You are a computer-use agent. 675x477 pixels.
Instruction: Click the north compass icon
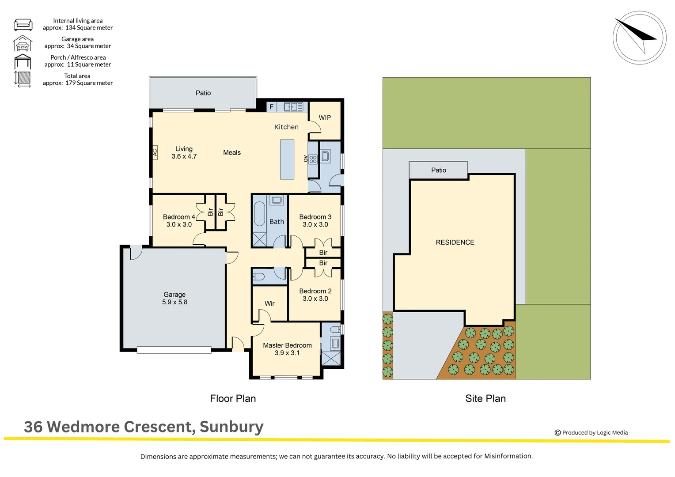click(x=639, y=38)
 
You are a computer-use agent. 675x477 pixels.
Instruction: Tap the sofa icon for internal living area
click(x=23, y=24)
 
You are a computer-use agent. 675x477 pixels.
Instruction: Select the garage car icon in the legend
click(x=23, y=43)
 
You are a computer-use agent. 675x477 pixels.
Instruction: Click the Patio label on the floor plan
click(x=203, y=93)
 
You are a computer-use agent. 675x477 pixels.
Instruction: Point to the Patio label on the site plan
click(x=438, y=170)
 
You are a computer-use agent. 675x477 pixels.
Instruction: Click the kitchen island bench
click(x=287, y=159)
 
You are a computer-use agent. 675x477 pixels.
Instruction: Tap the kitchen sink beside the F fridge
click(x=293, y=106)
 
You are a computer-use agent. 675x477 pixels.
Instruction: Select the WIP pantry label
click(x=325, y=117)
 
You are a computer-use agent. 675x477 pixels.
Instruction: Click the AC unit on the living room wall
click(x=155, y=152)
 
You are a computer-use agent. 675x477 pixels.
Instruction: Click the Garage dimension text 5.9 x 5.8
click(x=174, y=302)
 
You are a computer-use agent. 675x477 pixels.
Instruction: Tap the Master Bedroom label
click(x=287, y=345)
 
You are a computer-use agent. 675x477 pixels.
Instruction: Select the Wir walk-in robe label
click(x=269, y=303)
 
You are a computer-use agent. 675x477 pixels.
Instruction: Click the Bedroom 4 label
click(x=179, y=217)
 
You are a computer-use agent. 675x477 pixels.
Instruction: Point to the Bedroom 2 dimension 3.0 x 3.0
click(x=315, y=299)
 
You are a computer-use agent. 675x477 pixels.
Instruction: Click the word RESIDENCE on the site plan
click(x=455, y=242)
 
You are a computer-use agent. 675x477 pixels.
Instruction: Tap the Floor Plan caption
click(x=233, y=398)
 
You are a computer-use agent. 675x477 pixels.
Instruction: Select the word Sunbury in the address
click(x=231, y=427)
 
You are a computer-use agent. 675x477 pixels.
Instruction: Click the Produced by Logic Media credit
click(x=592, y=432)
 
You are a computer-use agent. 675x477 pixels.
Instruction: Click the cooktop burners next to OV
click(x=313, y=159)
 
